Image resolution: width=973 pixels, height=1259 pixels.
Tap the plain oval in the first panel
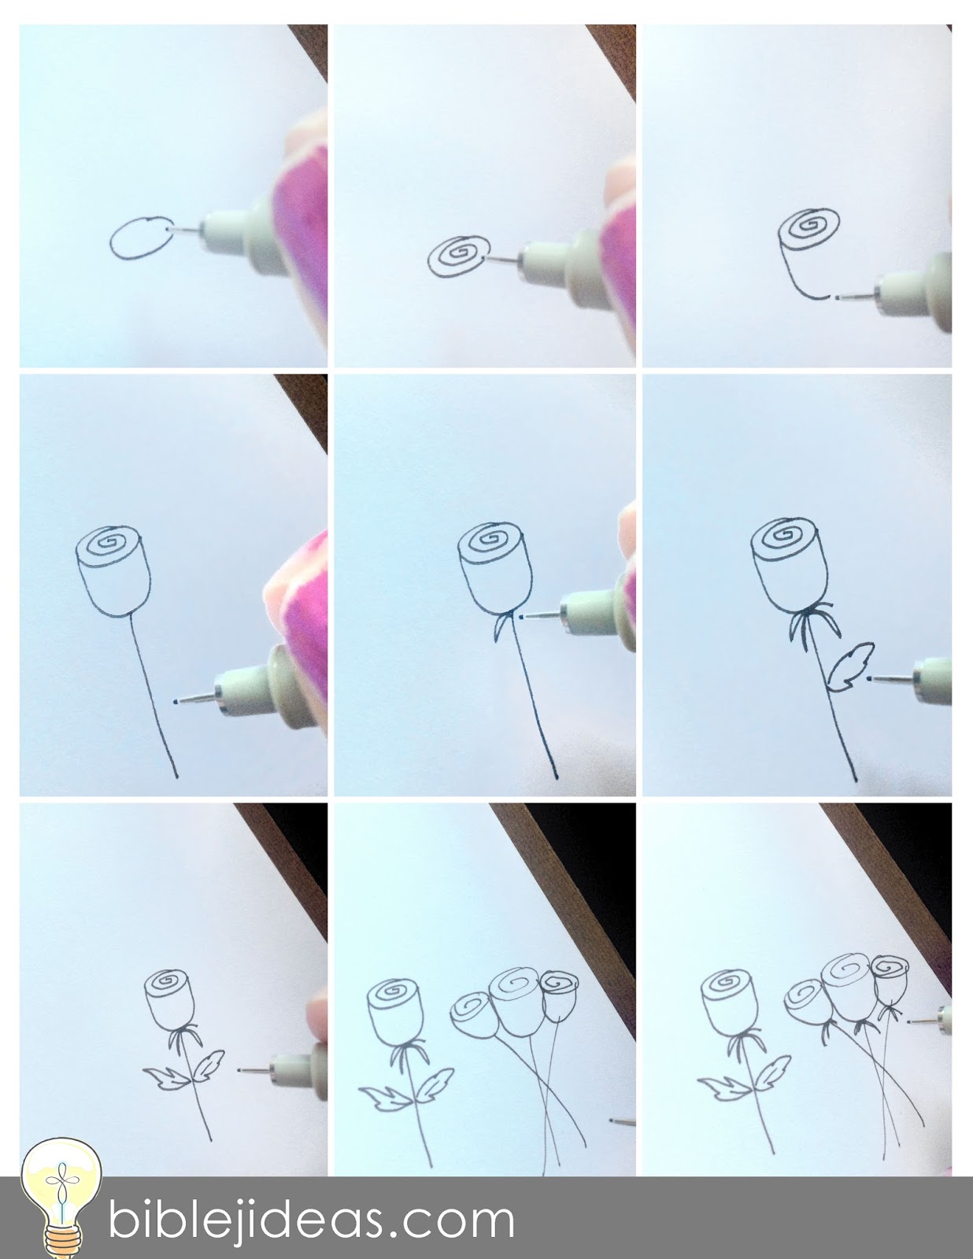coord(142,238)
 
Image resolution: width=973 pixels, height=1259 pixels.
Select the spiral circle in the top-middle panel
coord(458,256)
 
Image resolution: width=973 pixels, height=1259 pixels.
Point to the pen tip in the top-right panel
coord(836,297)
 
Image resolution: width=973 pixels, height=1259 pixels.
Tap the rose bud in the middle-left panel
coord(113,570)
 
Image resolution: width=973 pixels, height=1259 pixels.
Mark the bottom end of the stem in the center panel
coord(557,777)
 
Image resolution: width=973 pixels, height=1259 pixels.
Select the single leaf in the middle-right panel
coord(850,666)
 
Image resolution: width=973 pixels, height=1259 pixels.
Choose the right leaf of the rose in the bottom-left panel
coord(208,1065)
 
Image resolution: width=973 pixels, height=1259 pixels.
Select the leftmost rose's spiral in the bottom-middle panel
coord(394,991)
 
